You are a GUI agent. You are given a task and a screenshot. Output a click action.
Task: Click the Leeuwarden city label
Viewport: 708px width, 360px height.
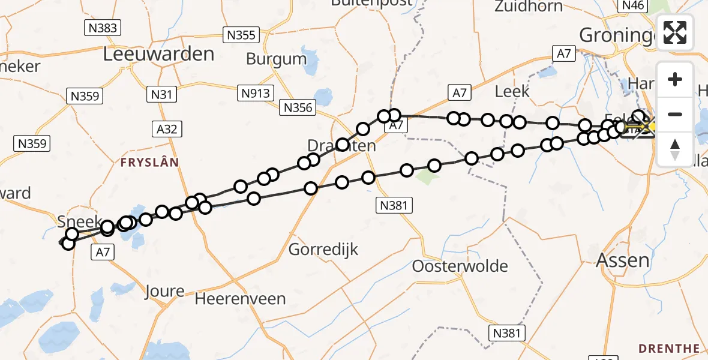158,54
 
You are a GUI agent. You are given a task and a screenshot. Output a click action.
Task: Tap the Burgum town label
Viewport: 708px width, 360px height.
277,59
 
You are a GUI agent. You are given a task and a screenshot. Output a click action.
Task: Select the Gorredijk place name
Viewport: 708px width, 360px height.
323,249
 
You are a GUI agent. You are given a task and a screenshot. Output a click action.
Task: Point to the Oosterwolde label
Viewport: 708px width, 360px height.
460,266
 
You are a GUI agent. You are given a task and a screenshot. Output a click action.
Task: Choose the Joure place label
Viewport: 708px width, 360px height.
164,292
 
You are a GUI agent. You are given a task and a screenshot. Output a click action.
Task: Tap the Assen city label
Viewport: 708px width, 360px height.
622,260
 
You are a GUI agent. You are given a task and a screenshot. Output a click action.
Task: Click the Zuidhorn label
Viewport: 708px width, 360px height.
529,7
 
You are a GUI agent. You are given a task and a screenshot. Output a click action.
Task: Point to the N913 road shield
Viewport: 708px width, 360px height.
256,93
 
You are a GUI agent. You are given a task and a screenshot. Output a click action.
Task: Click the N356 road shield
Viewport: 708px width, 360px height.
298,108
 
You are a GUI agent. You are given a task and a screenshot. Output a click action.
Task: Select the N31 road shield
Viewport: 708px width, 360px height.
161,94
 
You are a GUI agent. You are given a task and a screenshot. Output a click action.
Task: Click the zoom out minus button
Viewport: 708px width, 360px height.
675,114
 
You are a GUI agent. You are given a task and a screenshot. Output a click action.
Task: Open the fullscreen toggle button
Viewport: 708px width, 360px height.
675,32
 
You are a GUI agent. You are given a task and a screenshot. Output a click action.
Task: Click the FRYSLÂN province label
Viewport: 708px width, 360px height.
149,162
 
